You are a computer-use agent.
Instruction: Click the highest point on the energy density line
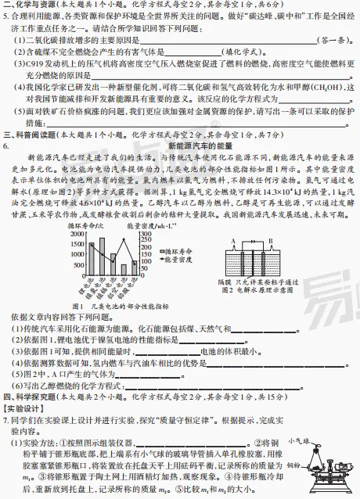(128, 239)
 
